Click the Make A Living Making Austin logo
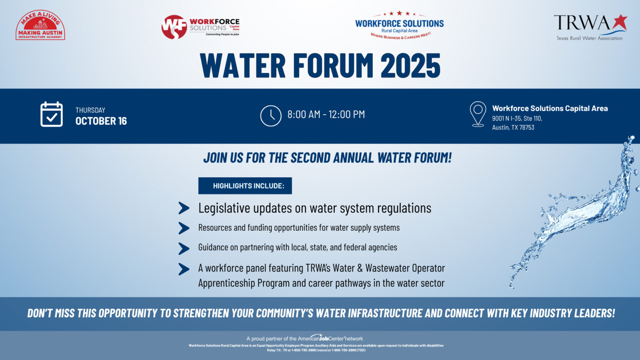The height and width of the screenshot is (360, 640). click(40, 26)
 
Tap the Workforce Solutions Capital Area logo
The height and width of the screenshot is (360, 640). click(200, 27)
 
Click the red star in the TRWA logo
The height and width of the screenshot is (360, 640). click(619, 22)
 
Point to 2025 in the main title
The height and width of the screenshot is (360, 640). click(410, 66)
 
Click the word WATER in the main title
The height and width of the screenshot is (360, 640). click(243, 66)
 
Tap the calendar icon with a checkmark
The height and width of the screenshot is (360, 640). click(51, 115)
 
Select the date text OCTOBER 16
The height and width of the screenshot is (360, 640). click(101, 121)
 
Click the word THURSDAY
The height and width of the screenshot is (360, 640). click(90, 110)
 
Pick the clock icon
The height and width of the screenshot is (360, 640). click(271, 116)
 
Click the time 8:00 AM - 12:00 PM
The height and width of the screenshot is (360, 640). click(326, 115)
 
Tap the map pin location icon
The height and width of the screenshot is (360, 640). click(478, 114)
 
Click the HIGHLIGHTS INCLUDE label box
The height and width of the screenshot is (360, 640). click(245, 186)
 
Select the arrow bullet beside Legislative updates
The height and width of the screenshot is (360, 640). click(184, 208)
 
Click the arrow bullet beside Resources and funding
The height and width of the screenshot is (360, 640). click(184, 228)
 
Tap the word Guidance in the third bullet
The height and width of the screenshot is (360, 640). click(213, 248)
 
